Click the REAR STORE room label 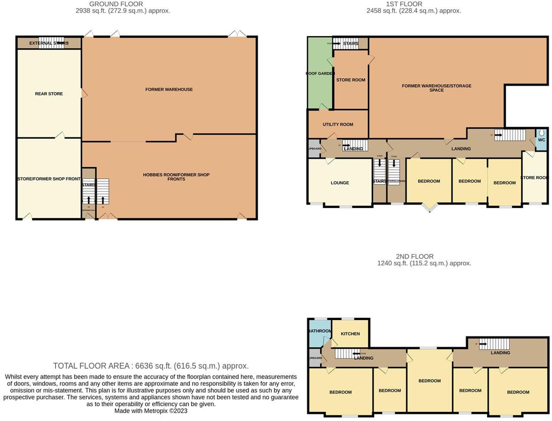[49, 94]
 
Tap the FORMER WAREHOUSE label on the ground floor [169, 89]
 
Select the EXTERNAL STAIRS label [49, 43]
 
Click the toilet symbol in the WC [542, 133]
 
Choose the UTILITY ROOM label [338, 124]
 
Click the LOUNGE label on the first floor [340, 183]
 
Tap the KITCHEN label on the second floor [350, 334]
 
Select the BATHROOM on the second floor [320, 331]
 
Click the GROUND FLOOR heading [116, 4]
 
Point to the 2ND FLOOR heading [415, 257]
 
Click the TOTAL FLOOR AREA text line [151, 366]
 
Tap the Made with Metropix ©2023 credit [151, 411]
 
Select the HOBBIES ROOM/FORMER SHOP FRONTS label [176, 177]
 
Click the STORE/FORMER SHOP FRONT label [49, 179]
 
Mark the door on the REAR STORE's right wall [84, 93]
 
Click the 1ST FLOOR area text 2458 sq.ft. [414, 11]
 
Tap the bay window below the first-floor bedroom [430, 208]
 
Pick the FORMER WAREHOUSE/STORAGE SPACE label [436, 88]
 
